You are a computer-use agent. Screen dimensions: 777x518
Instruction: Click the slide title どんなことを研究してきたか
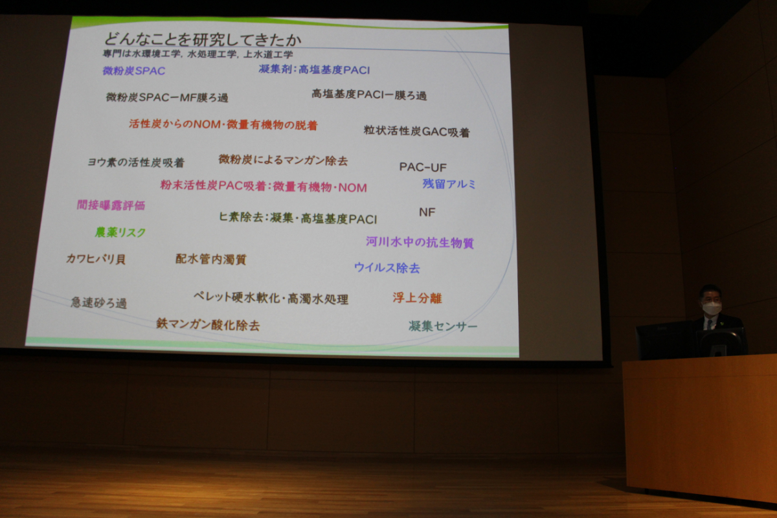click(x=203, y=39)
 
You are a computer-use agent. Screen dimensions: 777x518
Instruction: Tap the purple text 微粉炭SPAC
click(x=134, y=71)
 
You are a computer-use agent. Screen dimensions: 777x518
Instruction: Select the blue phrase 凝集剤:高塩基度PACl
click(x=314, y=70)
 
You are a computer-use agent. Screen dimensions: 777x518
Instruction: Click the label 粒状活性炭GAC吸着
click(x=416, y=131)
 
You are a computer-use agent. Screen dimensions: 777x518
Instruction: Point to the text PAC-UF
click(x=423, y=167)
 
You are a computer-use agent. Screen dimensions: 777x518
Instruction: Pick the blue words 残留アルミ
click(x=449, y=184)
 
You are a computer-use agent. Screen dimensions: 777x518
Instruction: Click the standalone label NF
click(x=427, y=212)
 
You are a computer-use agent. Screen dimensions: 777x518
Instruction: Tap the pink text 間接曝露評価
click(x=111, y=205)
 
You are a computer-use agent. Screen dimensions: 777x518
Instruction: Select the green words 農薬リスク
click(x=120, y=232)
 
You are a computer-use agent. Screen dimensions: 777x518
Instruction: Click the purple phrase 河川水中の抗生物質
click(x=420, y=242)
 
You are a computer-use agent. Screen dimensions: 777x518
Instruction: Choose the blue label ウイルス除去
click(x=387, y=267)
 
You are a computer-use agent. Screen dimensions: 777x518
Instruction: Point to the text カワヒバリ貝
click(x=96, y=259)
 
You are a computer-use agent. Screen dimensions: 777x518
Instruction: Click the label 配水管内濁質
click(x=211, y=259)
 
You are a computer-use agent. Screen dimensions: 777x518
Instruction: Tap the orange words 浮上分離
click(x=417, y=298)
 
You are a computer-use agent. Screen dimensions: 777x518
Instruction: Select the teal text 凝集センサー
click(x=443, y=326)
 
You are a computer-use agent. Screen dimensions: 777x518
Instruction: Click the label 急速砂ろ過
click(x=99, y=302)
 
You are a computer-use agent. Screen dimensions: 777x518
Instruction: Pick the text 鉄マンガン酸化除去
click(x=208, y=324)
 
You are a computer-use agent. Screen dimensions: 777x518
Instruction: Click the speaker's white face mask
click(x=712, y=308)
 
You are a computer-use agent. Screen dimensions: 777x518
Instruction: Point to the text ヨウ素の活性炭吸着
click(x=136, y=162)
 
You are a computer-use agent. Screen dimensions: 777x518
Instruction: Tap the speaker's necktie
click(x=710, y=324)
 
